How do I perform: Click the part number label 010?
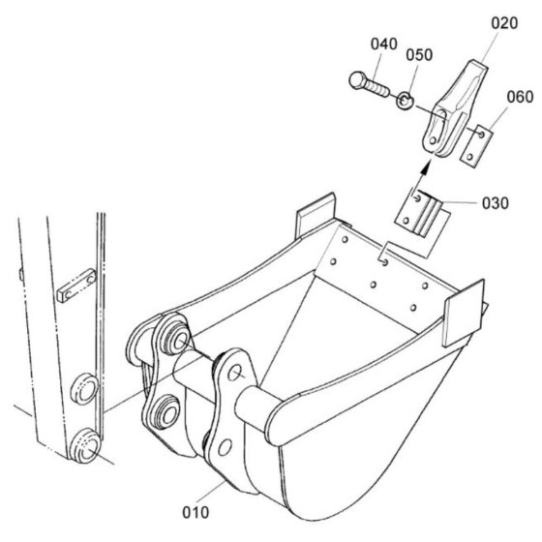196,512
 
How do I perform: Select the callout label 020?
504,23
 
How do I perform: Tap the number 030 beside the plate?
496,203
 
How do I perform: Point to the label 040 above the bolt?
384,45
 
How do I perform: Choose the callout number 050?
419,55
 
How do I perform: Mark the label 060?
521,97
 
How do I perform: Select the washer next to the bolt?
405,101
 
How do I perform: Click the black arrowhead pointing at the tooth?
426,166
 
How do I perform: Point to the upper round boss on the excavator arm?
84,388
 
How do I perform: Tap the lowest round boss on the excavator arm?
85,445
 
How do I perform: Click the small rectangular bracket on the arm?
76,286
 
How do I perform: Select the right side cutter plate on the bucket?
465,314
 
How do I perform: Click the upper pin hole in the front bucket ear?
235,373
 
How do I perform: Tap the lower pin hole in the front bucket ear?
225,447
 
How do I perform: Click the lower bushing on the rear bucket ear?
166,412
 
